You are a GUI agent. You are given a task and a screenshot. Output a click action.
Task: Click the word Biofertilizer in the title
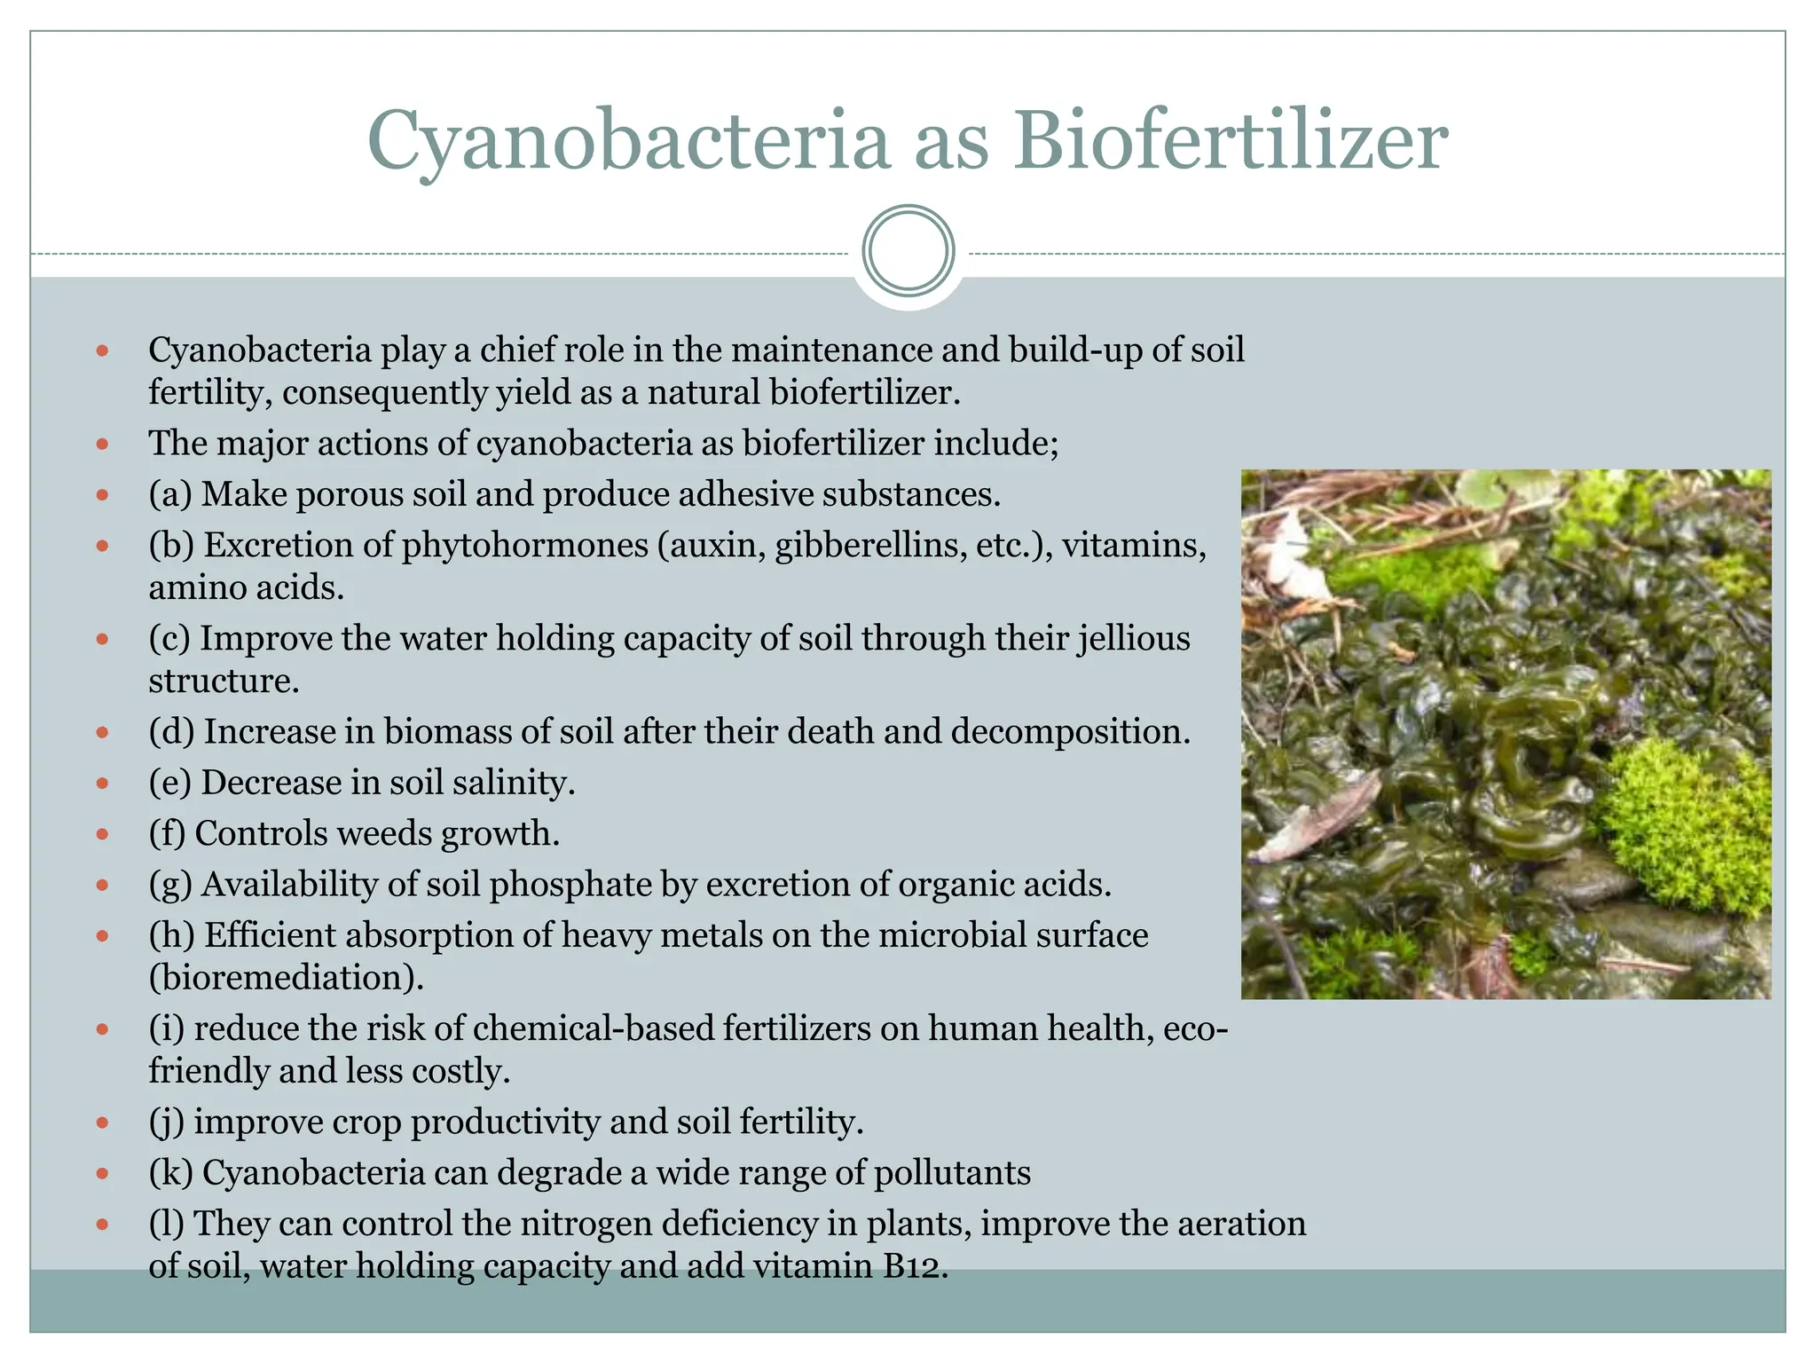pos(1231,140)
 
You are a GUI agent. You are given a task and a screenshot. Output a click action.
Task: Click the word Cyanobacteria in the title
pos(628,140)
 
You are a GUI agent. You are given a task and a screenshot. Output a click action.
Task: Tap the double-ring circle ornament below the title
pos(908,251)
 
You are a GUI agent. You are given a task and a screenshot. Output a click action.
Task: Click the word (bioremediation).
pos(286,978)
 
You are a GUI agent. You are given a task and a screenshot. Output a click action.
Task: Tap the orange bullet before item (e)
pos(103,784)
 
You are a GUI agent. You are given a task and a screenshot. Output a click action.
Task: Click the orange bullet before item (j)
pos(103,1123)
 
